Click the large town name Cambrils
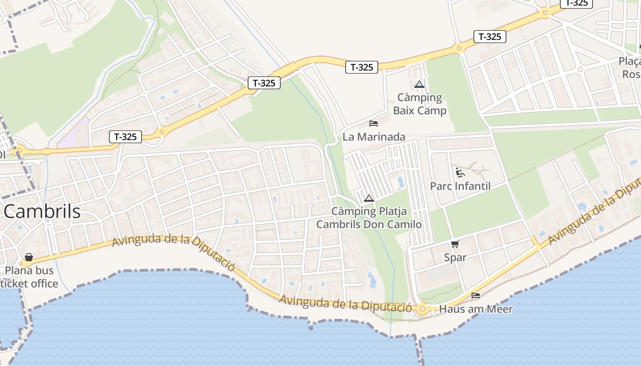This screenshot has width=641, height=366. pos(42,211)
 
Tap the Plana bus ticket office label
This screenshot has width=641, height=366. pos(29,277)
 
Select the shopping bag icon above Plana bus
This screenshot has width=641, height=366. pos(29,257)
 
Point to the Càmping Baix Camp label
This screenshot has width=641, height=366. pos(419,104)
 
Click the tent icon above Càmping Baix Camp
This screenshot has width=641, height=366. pos(419,84)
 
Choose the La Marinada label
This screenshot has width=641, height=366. pos(374,137)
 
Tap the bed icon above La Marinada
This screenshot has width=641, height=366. pos(374,124)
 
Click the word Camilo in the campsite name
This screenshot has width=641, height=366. pos(404,224)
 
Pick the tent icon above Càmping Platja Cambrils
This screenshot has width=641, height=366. pos(369,198)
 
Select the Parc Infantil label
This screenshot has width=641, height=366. pos(460,186)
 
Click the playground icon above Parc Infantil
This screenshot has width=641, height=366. pos(460,172)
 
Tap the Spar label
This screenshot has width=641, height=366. pos(455,258)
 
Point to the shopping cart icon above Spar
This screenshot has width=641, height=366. pos(455,244)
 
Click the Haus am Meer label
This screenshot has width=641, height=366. pos(476,309)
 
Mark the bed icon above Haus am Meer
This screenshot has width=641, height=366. pos(476,296)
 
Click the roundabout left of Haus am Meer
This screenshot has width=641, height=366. pos(422,309)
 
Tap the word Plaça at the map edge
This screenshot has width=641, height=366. pos(630,61)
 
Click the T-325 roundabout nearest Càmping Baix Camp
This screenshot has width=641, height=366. pos(458,48)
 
